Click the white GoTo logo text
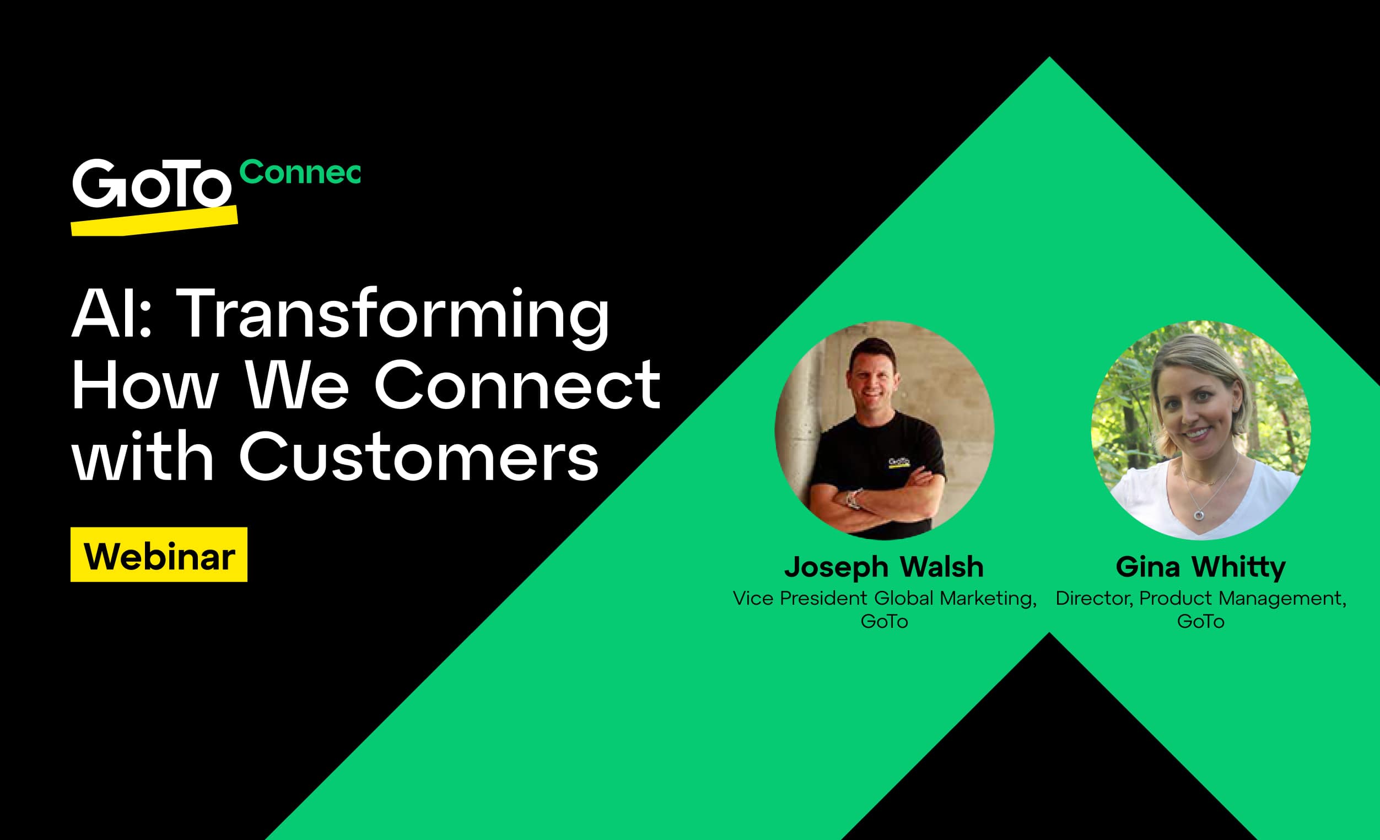151,184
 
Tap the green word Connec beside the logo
300,172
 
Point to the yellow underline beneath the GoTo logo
154,222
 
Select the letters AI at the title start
103,314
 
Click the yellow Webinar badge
159,555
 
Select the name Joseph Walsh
884,567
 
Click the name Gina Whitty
1200,567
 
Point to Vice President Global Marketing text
884,598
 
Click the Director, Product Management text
1200,598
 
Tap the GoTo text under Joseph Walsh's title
884,622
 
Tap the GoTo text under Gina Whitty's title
1200,622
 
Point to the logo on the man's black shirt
899,462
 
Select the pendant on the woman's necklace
1199,514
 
